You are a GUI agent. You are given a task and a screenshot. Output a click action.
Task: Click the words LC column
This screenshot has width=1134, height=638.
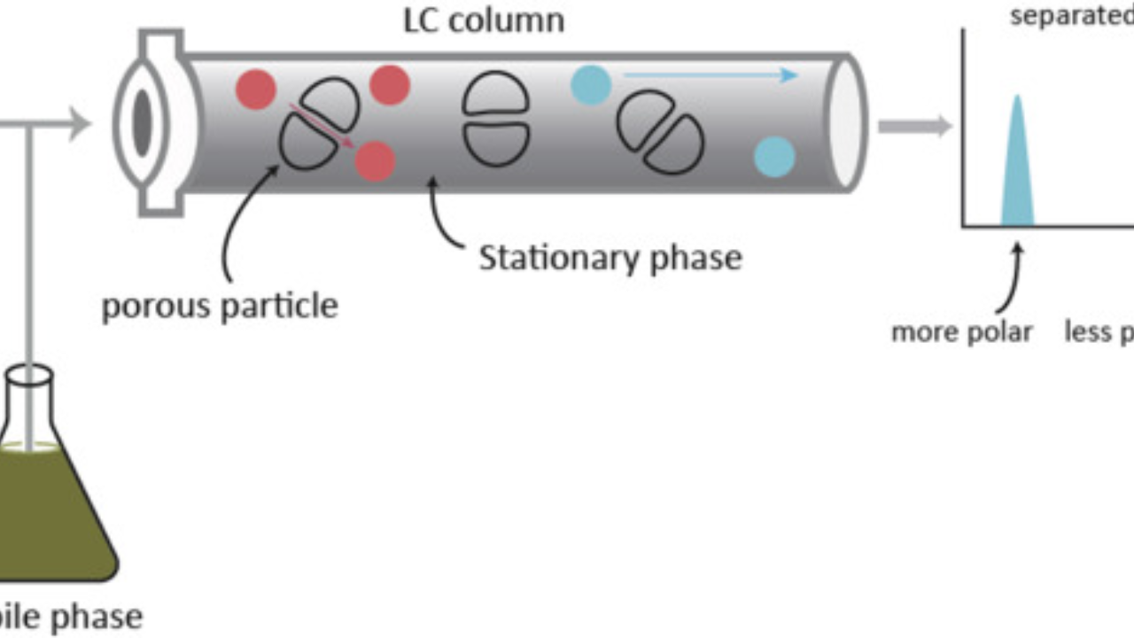(483, 19)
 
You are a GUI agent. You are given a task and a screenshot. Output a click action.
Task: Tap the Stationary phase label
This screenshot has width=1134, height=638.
(610, 258)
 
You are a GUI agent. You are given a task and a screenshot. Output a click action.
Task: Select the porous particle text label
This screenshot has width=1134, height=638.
(219, 306)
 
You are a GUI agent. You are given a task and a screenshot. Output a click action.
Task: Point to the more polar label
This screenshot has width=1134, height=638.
(961, 332)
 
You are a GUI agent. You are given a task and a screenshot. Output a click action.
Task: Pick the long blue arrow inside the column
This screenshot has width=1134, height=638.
(709, 75)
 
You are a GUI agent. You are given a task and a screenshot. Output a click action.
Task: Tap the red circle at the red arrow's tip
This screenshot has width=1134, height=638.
(375, 160)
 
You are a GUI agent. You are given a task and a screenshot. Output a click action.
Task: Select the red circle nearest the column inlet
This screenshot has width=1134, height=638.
(255, 90)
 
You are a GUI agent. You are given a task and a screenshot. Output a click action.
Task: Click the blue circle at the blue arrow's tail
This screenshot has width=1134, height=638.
(591, 85)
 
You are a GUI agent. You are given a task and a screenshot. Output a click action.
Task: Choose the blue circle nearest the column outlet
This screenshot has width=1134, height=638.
(774, 157)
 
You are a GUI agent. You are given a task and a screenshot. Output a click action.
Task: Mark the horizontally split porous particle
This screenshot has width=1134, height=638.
(496, 120)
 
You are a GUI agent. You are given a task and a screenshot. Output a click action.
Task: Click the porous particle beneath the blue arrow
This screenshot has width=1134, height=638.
(660, 131)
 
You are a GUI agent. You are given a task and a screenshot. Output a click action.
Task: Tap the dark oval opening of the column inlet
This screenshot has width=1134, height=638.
(143, 123)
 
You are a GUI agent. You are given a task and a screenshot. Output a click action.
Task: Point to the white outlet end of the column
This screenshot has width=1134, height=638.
(846, 123)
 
